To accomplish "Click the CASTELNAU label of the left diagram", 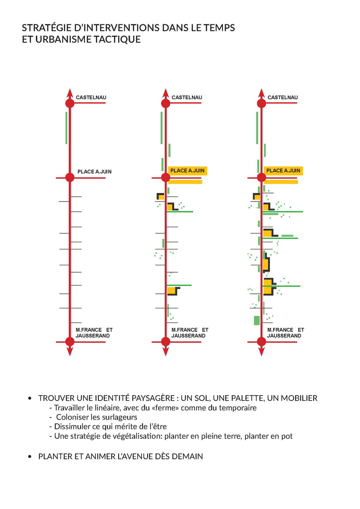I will click(91, 97).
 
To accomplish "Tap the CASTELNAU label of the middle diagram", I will click(187, 97).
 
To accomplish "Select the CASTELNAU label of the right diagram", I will click(282, 97).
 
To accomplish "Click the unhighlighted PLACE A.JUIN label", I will click(94, 172).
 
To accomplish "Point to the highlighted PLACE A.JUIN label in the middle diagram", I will click(187, 171).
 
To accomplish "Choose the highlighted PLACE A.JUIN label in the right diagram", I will click(283, 171).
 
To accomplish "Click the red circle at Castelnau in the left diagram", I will click(70, 104).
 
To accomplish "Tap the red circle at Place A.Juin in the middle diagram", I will click(165, 178).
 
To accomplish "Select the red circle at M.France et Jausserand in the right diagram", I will click(261, 342).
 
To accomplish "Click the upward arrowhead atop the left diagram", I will click(70, 92).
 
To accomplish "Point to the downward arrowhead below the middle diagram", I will click(165, 352).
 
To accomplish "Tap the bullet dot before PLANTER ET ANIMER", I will click(30, 457).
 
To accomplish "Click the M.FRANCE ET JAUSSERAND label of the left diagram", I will click(94, 333).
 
